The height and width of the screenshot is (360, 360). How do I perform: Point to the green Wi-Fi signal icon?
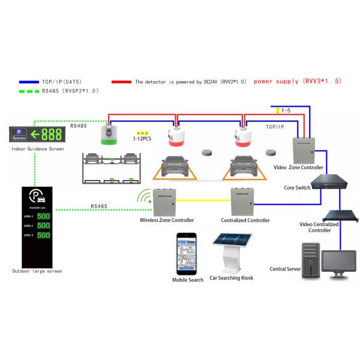coord(143,198)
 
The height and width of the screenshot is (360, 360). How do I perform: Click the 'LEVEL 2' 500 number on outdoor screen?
coord(43,226)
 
